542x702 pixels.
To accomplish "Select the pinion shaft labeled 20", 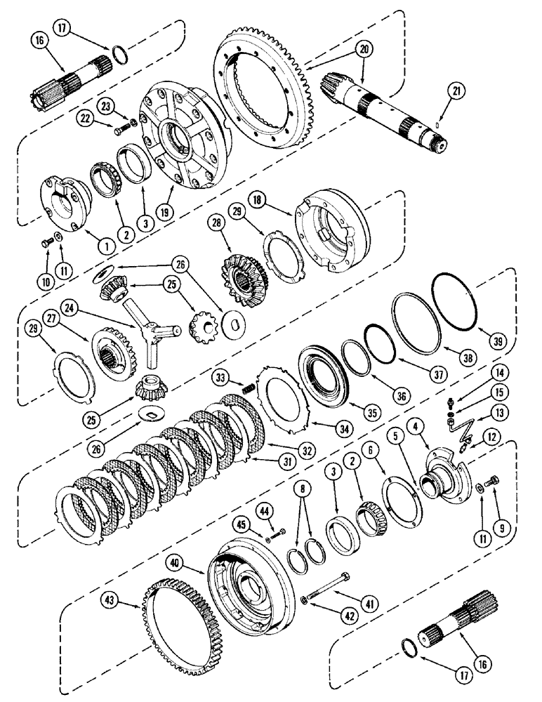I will point(379,105).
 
